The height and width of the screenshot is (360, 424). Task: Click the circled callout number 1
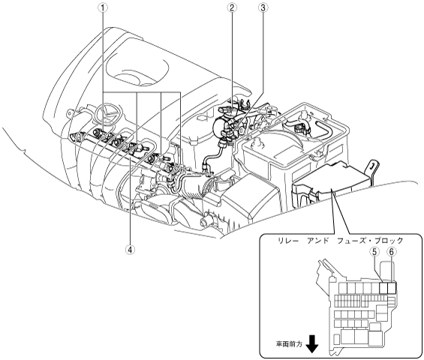point(103,8)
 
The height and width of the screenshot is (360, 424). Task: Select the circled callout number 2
point(232,8)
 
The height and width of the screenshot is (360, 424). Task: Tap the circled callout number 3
point(263,8)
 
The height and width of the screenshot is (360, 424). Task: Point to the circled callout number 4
point(130,250)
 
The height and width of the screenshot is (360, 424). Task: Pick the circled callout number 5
point(374,252)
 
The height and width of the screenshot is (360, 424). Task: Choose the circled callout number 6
point(392,252)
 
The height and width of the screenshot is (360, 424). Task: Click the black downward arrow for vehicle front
point(312,343)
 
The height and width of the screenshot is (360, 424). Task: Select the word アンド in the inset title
point(317,240)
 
